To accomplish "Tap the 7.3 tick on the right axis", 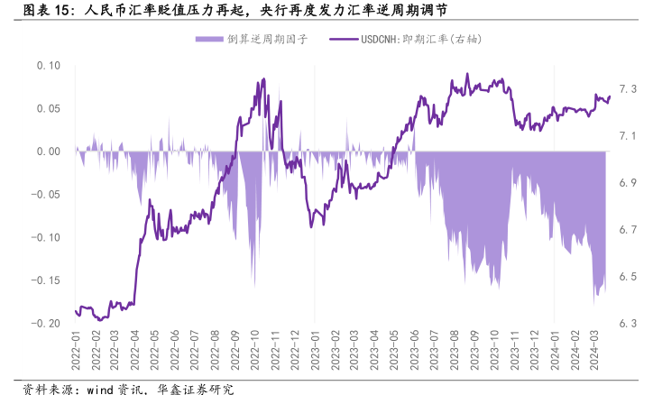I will click(629, 89).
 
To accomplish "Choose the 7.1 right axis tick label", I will click(629, 136).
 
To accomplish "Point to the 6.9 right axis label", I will click(629, 183).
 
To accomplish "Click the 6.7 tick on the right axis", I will click(629, 230).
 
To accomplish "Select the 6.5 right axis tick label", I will click(629, 277).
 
